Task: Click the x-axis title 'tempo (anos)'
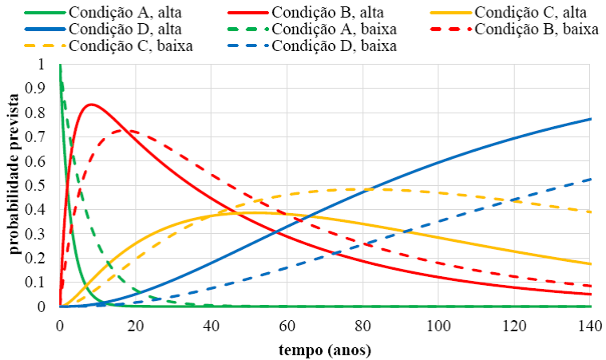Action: tap(325, 350)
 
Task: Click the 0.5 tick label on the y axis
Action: tap(40, 185)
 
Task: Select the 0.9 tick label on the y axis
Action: tap(40, 89)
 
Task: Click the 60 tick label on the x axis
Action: tap(287, 325)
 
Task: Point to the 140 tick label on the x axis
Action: tap(590, 325)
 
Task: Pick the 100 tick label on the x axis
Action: tap(438, 325)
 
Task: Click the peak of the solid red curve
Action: tap(91, 105)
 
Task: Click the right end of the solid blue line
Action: tap(590, 119)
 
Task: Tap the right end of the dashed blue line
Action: tap(590, 179)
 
